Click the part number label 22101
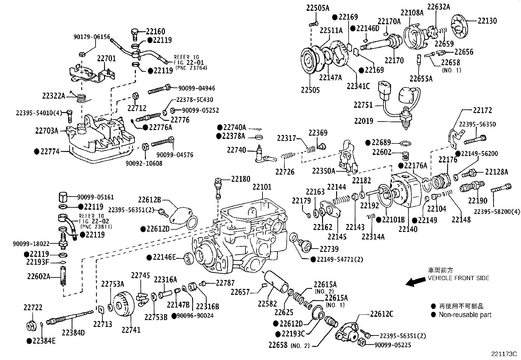tap(262, 187)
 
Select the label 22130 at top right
tap(487, 21)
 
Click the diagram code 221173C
tap(503, 354)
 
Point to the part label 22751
tap(363, 105)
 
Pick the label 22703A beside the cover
tap(46, 131)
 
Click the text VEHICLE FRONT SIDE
tap(458, 278)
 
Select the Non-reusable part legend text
tap(465, 315)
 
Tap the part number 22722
tap(33, 308)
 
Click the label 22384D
tap(73, 333)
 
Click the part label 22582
tap(267, 304)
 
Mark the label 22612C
tap(382, 314)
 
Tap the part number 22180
tap(241, 179)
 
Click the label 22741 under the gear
tap(131, 330)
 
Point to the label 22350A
tap(323, 171)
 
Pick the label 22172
tap(482, 110)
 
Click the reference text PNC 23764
tap(191, 68)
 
